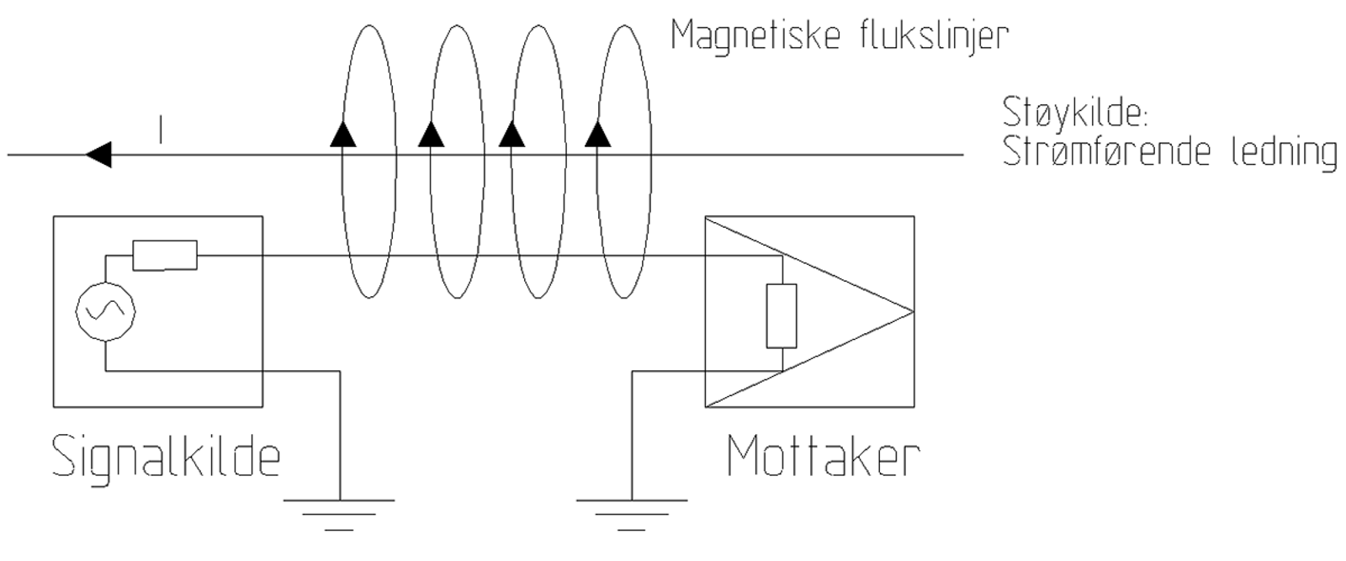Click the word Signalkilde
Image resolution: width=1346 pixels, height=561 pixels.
click(x=166, y=457)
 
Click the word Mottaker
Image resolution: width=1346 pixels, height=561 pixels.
click(x=823, y=457)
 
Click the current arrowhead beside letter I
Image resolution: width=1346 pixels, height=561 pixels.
click(x=98, y=155)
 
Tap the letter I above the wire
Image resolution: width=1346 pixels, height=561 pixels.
click(x=160, y=131)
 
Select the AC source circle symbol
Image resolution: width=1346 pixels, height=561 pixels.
click(x=106, y=311)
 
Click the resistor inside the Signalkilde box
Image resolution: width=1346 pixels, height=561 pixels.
click(x=165, y=255)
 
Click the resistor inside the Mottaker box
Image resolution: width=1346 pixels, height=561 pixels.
click(x=782, y=315)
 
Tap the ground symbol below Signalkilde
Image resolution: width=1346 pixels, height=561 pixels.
click(x=339, y=512)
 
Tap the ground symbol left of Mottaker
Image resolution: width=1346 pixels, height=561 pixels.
click(x=632, y=512)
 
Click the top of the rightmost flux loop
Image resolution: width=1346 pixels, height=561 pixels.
click(x=623, y=27)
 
